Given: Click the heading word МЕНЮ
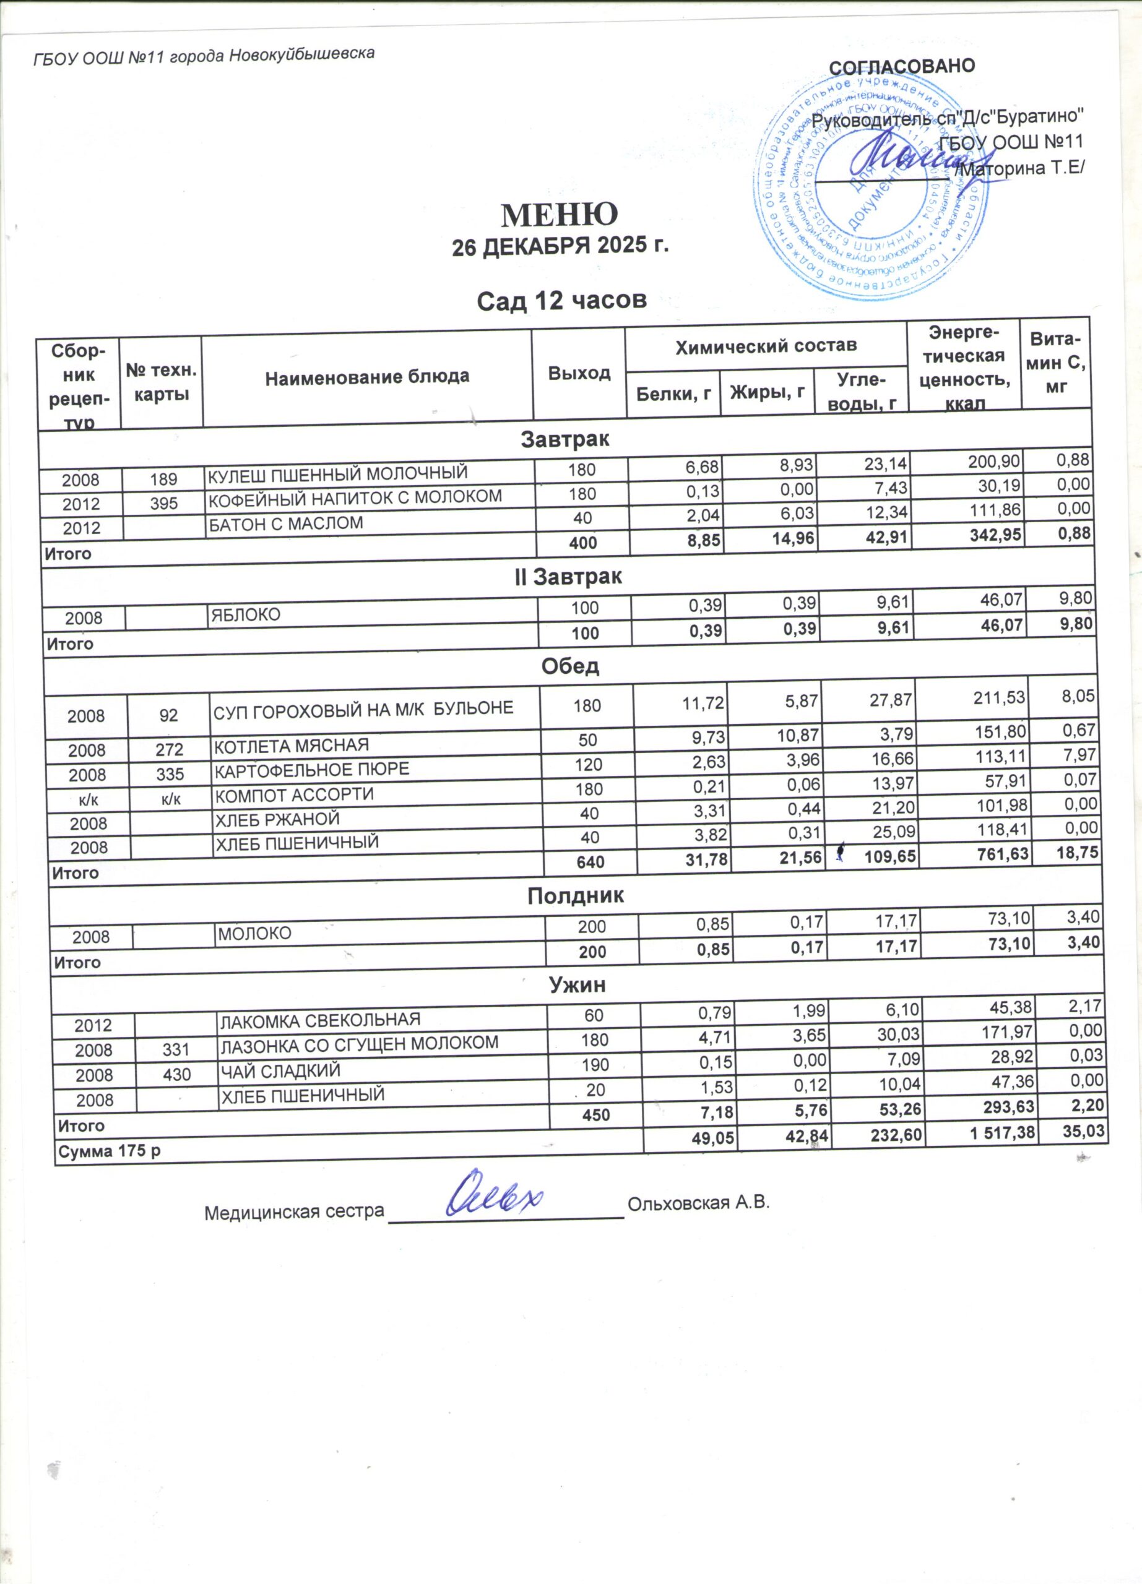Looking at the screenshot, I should pyautogui.click(x=560, y=215).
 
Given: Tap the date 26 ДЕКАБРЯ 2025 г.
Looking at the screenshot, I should pyautogui.click(x=560, y=248).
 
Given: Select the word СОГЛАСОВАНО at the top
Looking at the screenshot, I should pyautogui.click(x=902, y=66).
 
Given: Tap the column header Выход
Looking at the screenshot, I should pyautogui.click(x=579, y=373).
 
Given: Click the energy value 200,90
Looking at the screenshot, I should pyautogui.click(x=995, y=460).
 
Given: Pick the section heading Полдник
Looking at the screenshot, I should pyautogui.click(x=576, y=896).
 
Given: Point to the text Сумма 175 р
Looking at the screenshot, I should pyautogui.click(x=109, y=1151).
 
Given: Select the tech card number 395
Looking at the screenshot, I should pyautogui.click(x=163, y=503).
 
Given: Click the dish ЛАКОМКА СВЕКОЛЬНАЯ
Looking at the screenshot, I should pyautogui.click(x=321, y=1020).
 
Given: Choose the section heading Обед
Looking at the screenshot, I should pyautogui.click(x=571, y=666).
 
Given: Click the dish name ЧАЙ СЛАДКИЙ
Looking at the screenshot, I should pyautogui.click(x=280, y=1070).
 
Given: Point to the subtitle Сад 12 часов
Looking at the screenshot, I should pyautogui.click(x=561, y=301).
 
